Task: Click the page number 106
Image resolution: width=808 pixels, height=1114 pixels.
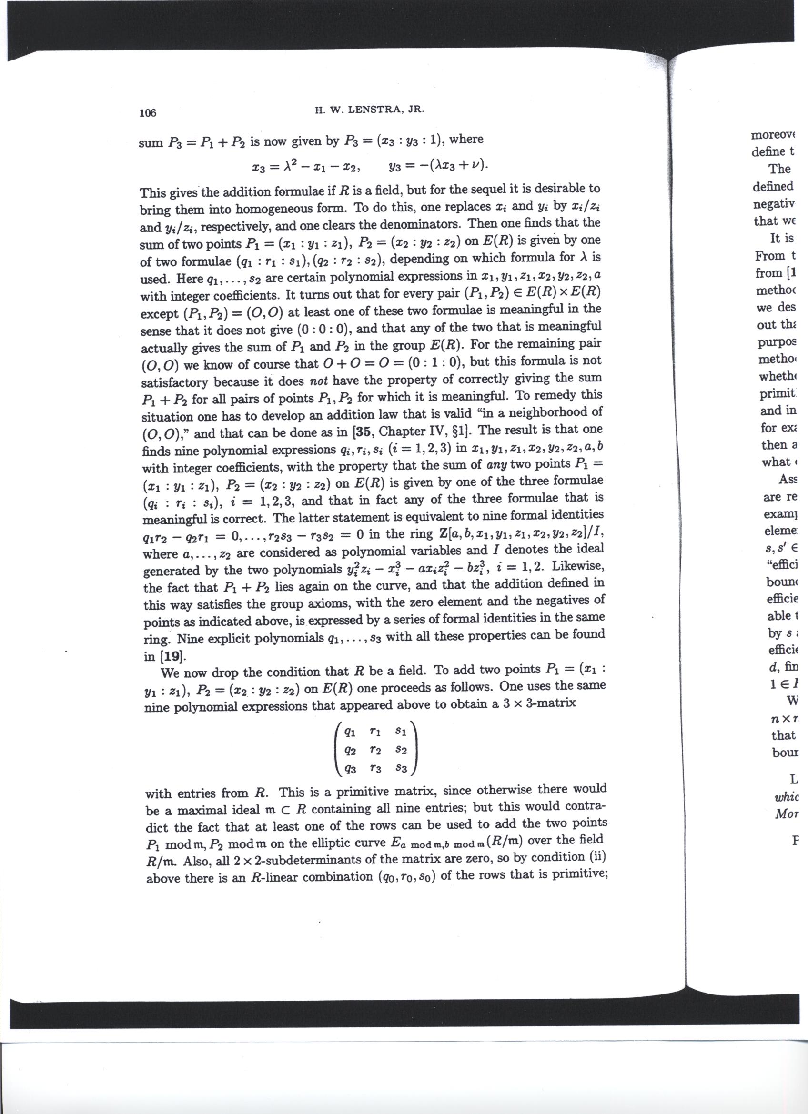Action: (147, 113)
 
